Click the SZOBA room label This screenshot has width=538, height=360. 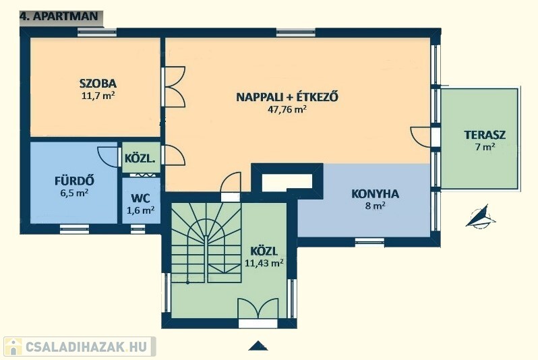98,84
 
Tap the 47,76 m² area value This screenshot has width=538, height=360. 287,109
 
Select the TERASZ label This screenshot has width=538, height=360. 485,135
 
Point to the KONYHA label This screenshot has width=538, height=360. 375,194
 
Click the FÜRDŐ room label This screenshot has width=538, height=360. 74,180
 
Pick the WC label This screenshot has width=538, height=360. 140,198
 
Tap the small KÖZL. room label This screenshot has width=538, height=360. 140,158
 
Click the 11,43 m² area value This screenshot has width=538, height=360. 264,263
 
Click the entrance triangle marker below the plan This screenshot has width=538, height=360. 258,346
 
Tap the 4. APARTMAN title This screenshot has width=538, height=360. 59,16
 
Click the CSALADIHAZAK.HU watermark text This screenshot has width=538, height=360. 86,347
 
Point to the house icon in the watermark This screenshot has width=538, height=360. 13,347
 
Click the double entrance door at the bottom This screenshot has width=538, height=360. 258,309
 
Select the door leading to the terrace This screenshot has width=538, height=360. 420,137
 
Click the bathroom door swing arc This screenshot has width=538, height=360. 107,157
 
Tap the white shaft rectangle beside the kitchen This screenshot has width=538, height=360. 287,183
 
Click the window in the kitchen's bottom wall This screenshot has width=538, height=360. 369,242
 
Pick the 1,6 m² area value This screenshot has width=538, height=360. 140,210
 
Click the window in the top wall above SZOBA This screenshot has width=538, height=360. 97,32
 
